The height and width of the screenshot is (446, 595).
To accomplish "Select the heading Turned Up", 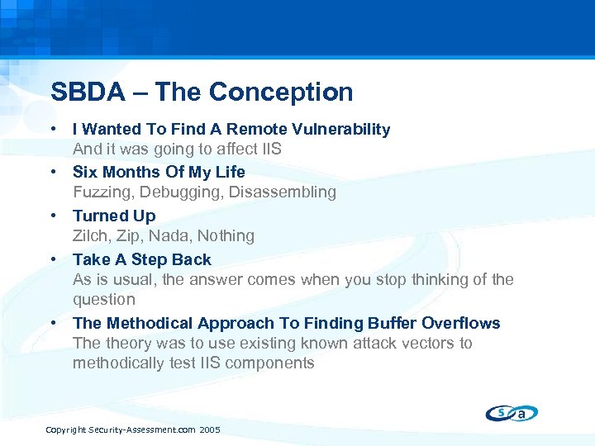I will tap(114, 216).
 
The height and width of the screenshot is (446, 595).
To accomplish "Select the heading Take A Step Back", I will tap(141, 259).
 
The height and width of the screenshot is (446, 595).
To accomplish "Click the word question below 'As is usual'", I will tap(103, 300).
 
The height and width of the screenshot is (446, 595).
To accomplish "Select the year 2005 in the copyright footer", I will tap(210, 430).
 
